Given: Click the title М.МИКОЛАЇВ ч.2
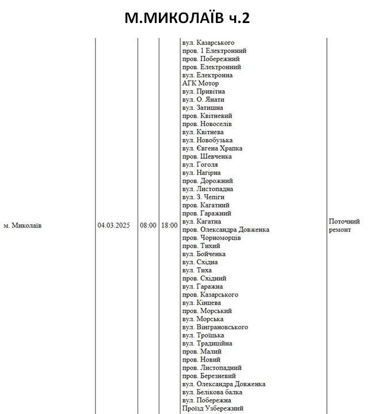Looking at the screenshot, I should (187, 18).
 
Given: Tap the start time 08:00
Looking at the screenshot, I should (148, 226).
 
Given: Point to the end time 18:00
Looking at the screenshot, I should (169, 226).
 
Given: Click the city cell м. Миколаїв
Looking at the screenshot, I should (22, 226).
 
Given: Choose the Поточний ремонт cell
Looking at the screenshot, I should (344, 225).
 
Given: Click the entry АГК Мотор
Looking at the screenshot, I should (200, 83).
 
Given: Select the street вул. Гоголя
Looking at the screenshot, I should (200, 165).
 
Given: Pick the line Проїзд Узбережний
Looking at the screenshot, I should (212, 408).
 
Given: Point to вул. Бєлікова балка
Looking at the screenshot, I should (212, 392).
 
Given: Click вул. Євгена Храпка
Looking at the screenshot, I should (212, 148).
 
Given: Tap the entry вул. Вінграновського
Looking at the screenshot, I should (215, 327).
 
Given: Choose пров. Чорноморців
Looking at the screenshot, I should (211, 238).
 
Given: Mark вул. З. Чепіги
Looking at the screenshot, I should (203, 197).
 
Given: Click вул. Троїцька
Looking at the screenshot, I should (203, 335).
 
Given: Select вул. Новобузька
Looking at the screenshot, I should (207, 140).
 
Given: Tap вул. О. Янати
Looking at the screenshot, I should (203, 100).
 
